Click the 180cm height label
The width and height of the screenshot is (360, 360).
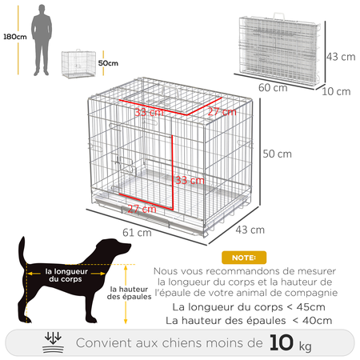click(x=12, y=37)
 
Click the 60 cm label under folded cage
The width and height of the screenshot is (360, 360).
click(x=274, y=87)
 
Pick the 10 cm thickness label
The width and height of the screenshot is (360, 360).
click(x=339, y=91)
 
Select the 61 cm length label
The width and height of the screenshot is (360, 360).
click(x=138, y=232)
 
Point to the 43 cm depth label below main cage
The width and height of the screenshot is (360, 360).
click(x=253, y=230)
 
